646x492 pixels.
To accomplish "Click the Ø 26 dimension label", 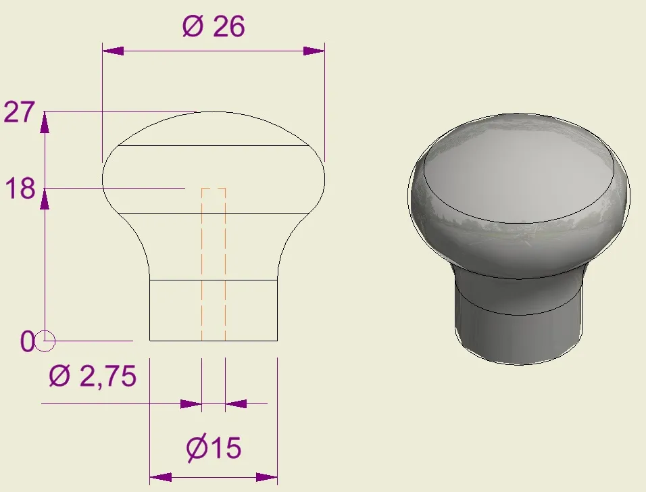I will (213, 27).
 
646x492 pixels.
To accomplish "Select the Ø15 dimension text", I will (214, 447).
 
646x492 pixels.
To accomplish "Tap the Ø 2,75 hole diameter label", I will (93, 376).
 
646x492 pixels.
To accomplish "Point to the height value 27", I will (18, 112).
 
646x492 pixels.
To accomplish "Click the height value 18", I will (20, 189).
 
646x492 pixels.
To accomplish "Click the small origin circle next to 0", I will (45, 342).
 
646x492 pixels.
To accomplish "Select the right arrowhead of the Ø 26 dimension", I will (314, 51).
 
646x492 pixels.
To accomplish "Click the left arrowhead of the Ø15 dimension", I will (159, 478).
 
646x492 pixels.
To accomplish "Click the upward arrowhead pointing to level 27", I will (45, 122).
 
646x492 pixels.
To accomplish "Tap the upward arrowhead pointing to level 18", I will (45, 198).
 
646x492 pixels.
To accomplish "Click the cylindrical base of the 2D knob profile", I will (213, 310).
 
